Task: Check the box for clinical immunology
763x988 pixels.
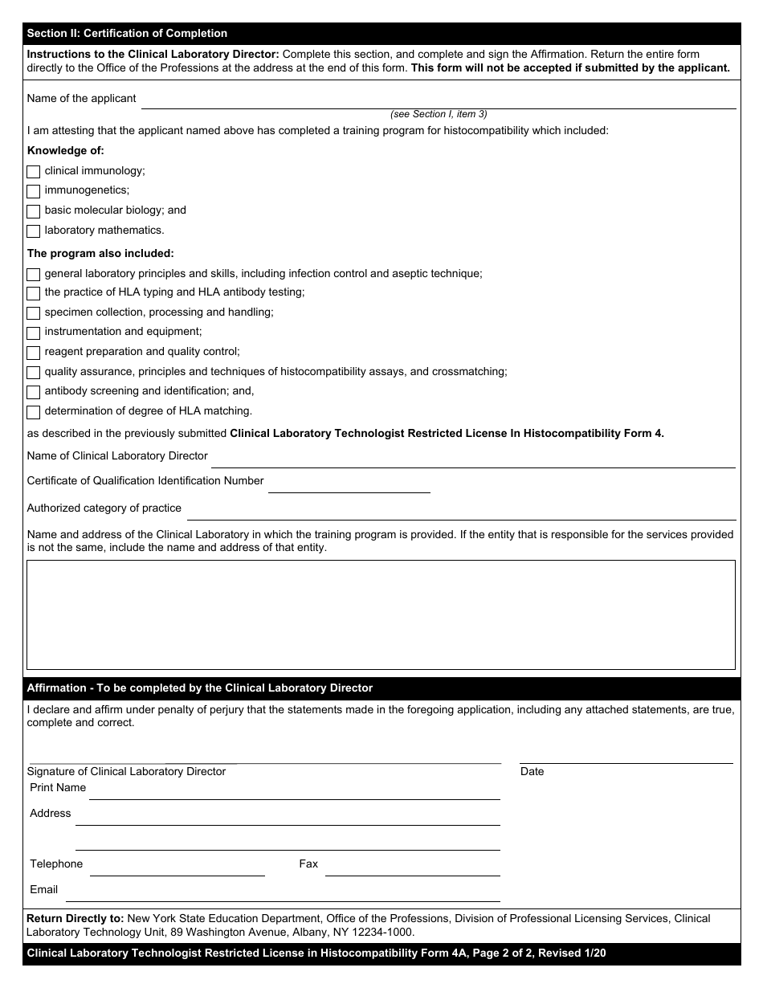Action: click(x=33, y=172)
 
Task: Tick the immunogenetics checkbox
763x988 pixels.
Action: click(x=33, y=191)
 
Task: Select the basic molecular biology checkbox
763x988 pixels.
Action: click(x=33, y=211)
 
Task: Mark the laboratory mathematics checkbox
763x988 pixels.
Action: click(x=33, y=231)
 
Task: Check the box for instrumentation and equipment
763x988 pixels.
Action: click(x=33, y=333)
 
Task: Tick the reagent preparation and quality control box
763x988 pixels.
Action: click(x=33, y=353)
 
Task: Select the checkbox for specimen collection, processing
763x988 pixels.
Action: click(x=33, y=313)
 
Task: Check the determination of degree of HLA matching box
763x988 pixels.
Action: click(x=33, y=412)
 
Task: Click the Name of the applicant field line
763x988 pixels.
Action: click(x=438, y=101)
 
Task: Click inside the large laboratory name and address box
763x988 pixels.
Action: click(x=381, y=614)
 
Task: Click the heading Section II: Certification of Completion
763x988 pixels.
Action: click(x=127, y=34)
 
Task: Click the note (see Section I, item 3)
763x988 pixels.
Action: click(x=439, y=114)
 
